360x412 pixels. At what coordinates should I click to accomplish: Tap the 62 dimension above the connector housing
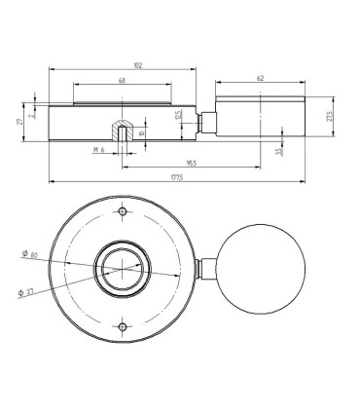pos(259,76)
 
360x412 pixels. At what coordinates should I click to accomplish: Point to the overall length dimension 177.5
pos(177,176)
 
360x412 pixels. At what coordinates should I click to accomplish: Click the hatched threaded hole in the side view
pos(120,131)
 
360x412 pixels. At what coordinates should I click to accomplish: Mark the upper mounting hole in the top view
pos(121,213)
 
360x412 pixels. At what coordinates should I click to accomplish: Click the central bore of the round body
pos(121,269)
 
